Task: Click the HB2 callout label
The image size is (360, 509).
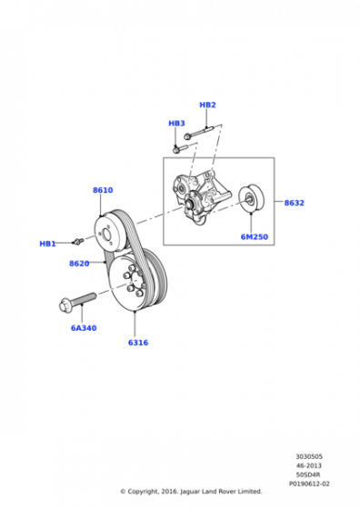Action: coord(207,105)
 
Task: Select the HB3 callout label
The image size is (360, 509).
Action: coord(176,124)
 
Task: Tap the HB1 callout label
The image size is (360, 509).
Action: coord(47,244)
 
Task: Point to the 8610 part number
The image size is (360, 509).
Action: coord(103,190)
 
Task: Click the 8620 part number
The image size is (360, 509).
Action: coord(79,264)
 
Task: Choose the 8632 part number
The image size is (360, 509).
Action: coord(295,203)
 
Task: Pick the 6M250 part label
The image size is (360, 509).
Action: coord(255,237)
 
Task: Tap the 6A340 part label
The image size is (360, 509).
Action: coord(84,328)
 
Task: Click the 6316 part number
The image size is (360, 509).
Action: coord(138,343)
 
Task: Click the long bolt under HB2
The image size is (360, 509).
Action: coord(198,132)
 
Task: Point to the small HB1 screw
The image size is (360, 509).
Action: coord(78,241)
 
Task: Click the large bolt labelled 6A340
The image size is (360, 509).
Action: coord(77,301)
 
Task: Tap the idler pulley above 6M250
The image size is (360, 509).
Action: coord(252,199)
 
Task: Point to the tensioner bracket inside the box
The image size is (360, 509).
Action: coord(202,198)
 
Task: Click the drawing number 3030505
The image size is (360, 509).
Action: coord(309,456)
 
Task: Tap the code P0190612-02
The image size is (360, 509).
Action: coord(309,484)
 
